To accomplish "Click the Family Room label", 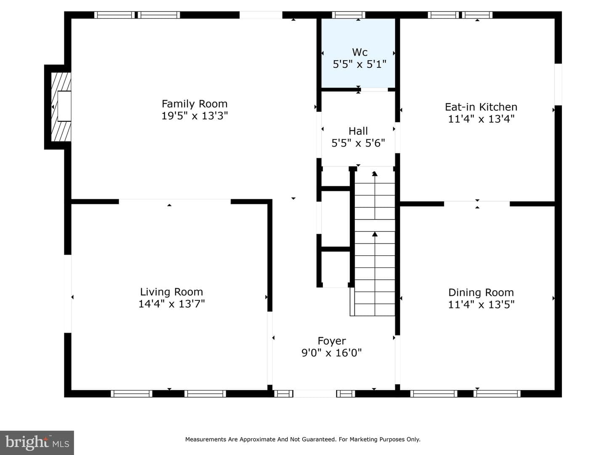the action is point(194,104).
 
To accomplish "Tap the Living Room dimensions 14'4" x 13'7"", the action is point(171,304).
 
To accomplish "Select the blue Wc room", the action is point(359,53).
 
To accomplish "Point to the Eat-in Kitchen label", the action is point(481,107).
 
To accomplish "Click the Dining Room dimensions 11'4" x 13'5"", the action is point(481,305).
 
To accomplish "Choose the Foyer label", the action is point(332,341).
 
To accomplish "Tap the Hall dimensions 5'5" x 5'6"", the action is point(358,143).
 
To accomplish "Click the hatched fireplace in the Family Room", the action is point(61,107).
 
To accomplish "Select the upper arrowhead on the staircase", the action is point(375,174).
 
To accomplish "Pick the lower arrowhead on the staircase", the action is point(375,234).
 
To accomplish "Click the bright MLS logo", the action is point(37,442).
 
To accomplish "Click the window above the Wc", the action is point(348,15).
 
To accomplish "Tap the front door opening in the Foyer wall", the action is point(314,393).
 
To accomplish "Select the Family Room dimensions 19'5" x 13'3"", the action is point(194,116).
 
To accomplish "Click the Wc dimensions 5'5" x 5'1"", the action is point(359,64).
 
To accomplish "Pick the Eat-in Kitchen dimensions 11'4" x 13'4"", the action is point(481,119).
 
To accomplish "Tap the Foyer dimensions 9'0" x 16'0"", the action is point(331,353).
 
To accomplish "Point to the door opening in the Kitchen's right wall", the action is point(558,85).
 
